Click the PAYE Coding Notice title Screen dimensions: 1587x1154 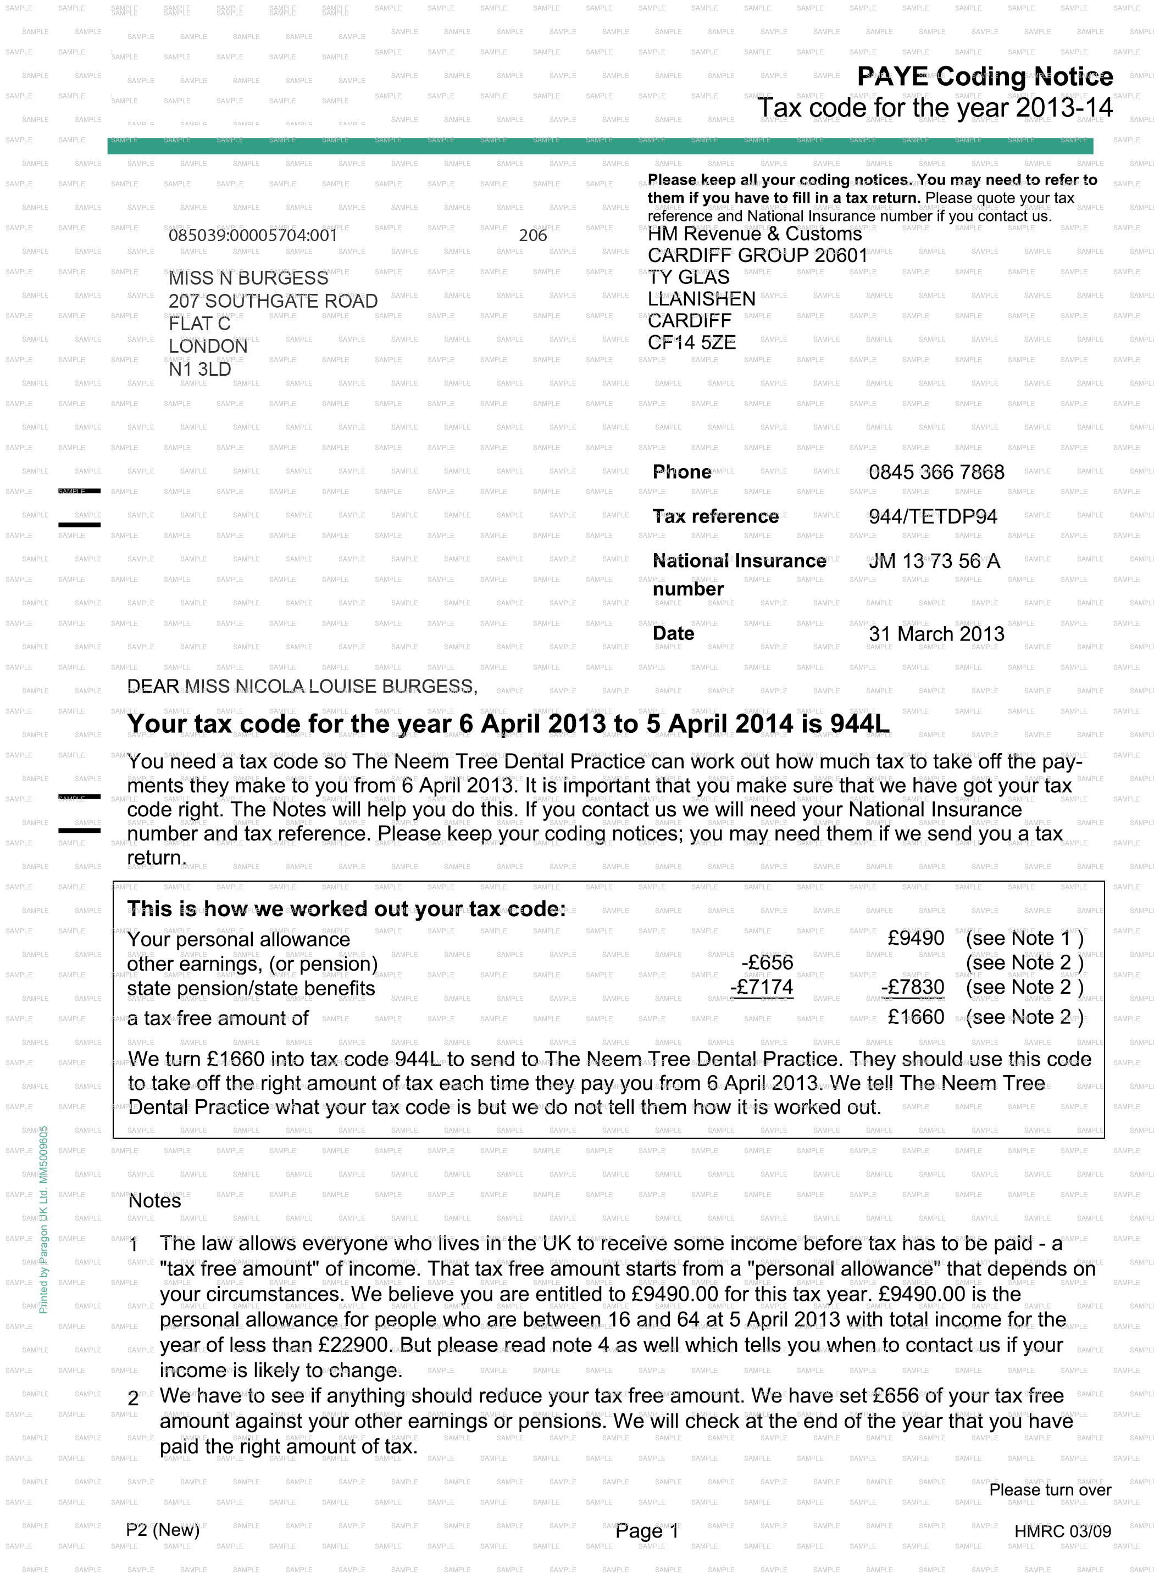coord(985,77)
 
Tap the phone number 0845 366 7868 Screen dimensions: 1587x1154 coord(936,472)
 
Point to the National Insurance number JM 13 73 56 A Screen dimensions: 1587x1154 coord(934,561)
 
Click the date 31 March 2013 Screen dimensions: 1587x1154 coord(936,634)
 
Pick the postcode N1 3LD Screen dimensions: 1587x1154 coord(199,370)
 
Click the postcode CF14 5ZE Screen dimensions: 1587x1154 coord(691,343)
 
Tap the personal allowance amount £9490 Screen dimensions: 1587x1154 coord(916,938)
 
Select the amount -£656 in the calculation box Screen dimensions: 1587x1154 coord(767,963)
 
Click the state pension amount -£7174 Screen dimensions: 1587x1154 coord(762,987)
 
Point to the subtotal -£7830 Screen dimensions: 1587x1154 coord(913,987)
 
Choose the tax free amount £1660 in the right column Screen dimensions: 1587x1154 coord(916,1017)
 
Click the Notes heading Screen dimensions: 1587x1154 coord(154,1201)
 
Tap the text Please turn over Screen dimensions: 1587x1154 coord(1050,1490)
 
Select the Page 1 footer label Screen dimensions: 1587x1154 coord(647,1531)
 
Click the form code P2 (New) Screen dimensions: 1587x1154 coord(162,1530)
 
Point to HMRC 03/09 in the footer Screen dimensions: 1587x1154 coord(1062,1531)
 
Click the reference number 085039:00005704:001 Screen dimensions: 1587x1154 coord(253,236)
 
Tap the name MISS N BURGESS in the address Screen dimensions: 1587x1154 coord(248,279)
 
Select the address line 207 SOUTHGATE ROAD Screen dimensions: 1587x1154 coord(273,302)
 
